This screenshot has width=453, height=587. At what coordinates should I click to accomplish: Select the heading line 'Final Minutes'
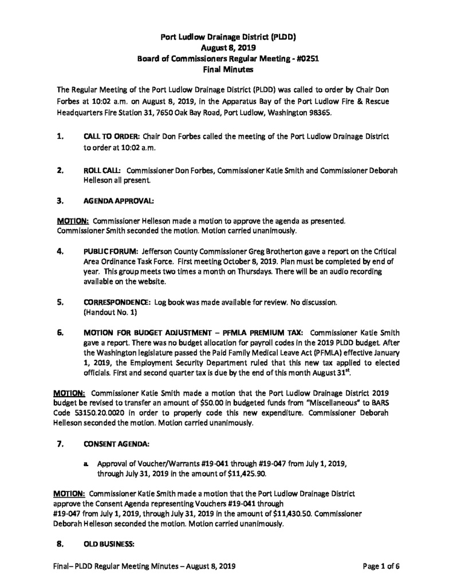[x=226, y=69]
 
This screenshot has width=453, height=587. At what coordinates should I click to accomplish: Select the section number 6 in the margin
[x=60, y=332]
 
